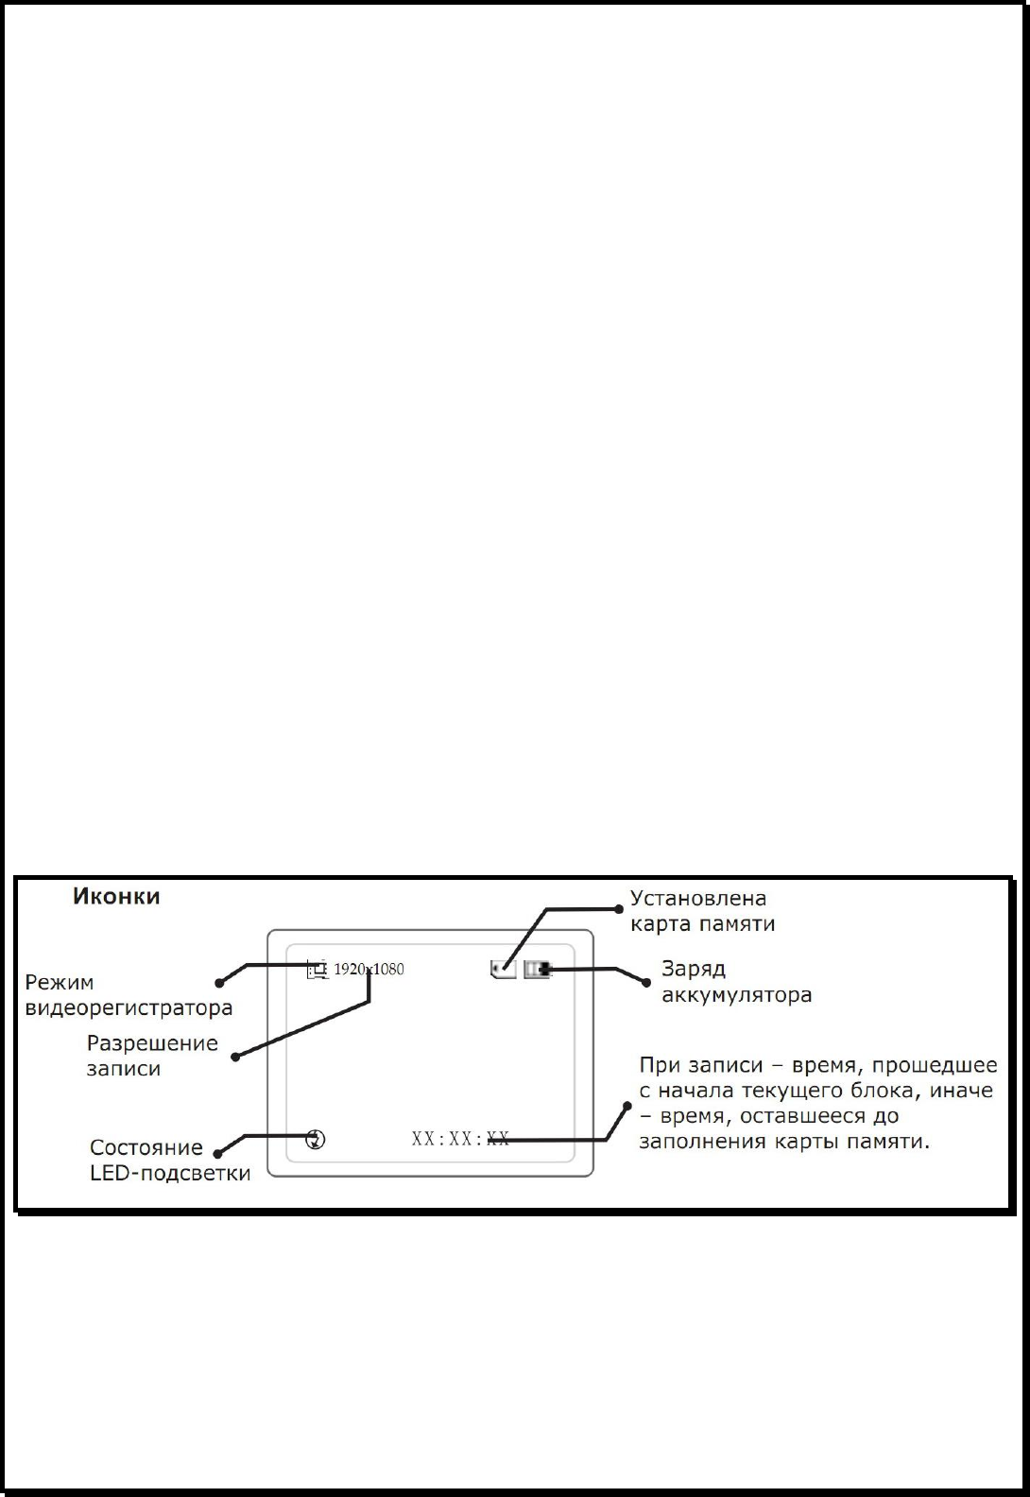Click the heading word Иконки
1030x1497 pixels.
116,897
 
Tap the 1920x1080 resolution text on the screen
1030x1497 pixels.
369,969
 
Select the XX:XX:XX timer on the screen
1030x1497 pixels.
460,1139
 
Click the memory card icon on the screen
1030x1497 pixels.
504,969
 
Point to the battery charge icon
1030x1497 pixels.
537,969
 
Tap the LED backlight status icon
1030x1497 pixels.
317,1139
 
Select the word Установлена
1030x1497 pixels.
698,898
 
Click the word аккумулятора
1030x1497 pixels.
737,995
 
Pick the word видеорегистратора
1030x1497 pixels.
129,1007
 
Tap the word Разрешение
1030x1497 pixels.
152,1043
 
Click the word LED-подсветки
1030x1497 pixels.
170,1174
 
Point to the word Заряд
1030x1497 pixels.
694,969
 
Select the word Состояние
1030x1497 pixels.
146,1147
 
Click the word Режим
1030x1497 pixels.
60,982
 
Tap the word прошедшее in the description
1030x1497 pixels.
935,1065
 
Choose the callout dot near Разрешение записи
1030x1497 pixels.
235,1057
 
